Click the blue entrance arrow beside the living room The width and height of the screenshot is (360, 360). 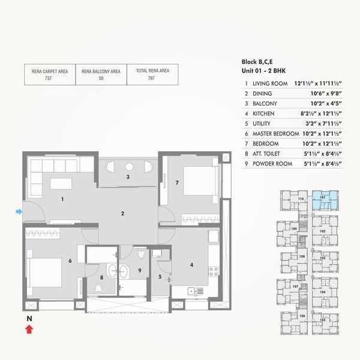(19, 211)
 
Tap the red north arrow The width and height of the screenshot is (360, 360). (29, 328)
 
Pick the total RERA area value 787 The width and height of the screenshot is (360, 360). (152, 78)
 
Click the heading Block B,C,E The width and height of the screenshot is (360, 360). (258, 62)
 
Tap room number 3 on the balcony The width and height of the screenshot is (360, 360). (127, 177)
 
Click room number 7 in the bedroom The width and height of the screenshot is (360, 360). (177, 182)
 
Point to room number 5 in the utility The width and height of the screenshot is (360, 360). (160, 277)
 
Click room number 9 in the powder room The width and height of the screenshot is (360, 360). (139, 271)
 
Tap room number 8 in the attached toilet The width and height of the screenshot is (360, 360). (101, 277)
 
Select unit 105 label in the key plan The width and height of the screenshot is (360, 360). (323, 320)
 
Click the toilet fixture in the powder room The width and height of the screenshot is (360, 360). (141, 254)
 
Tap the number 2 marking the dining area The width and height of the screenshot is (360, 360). (122, 214)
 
